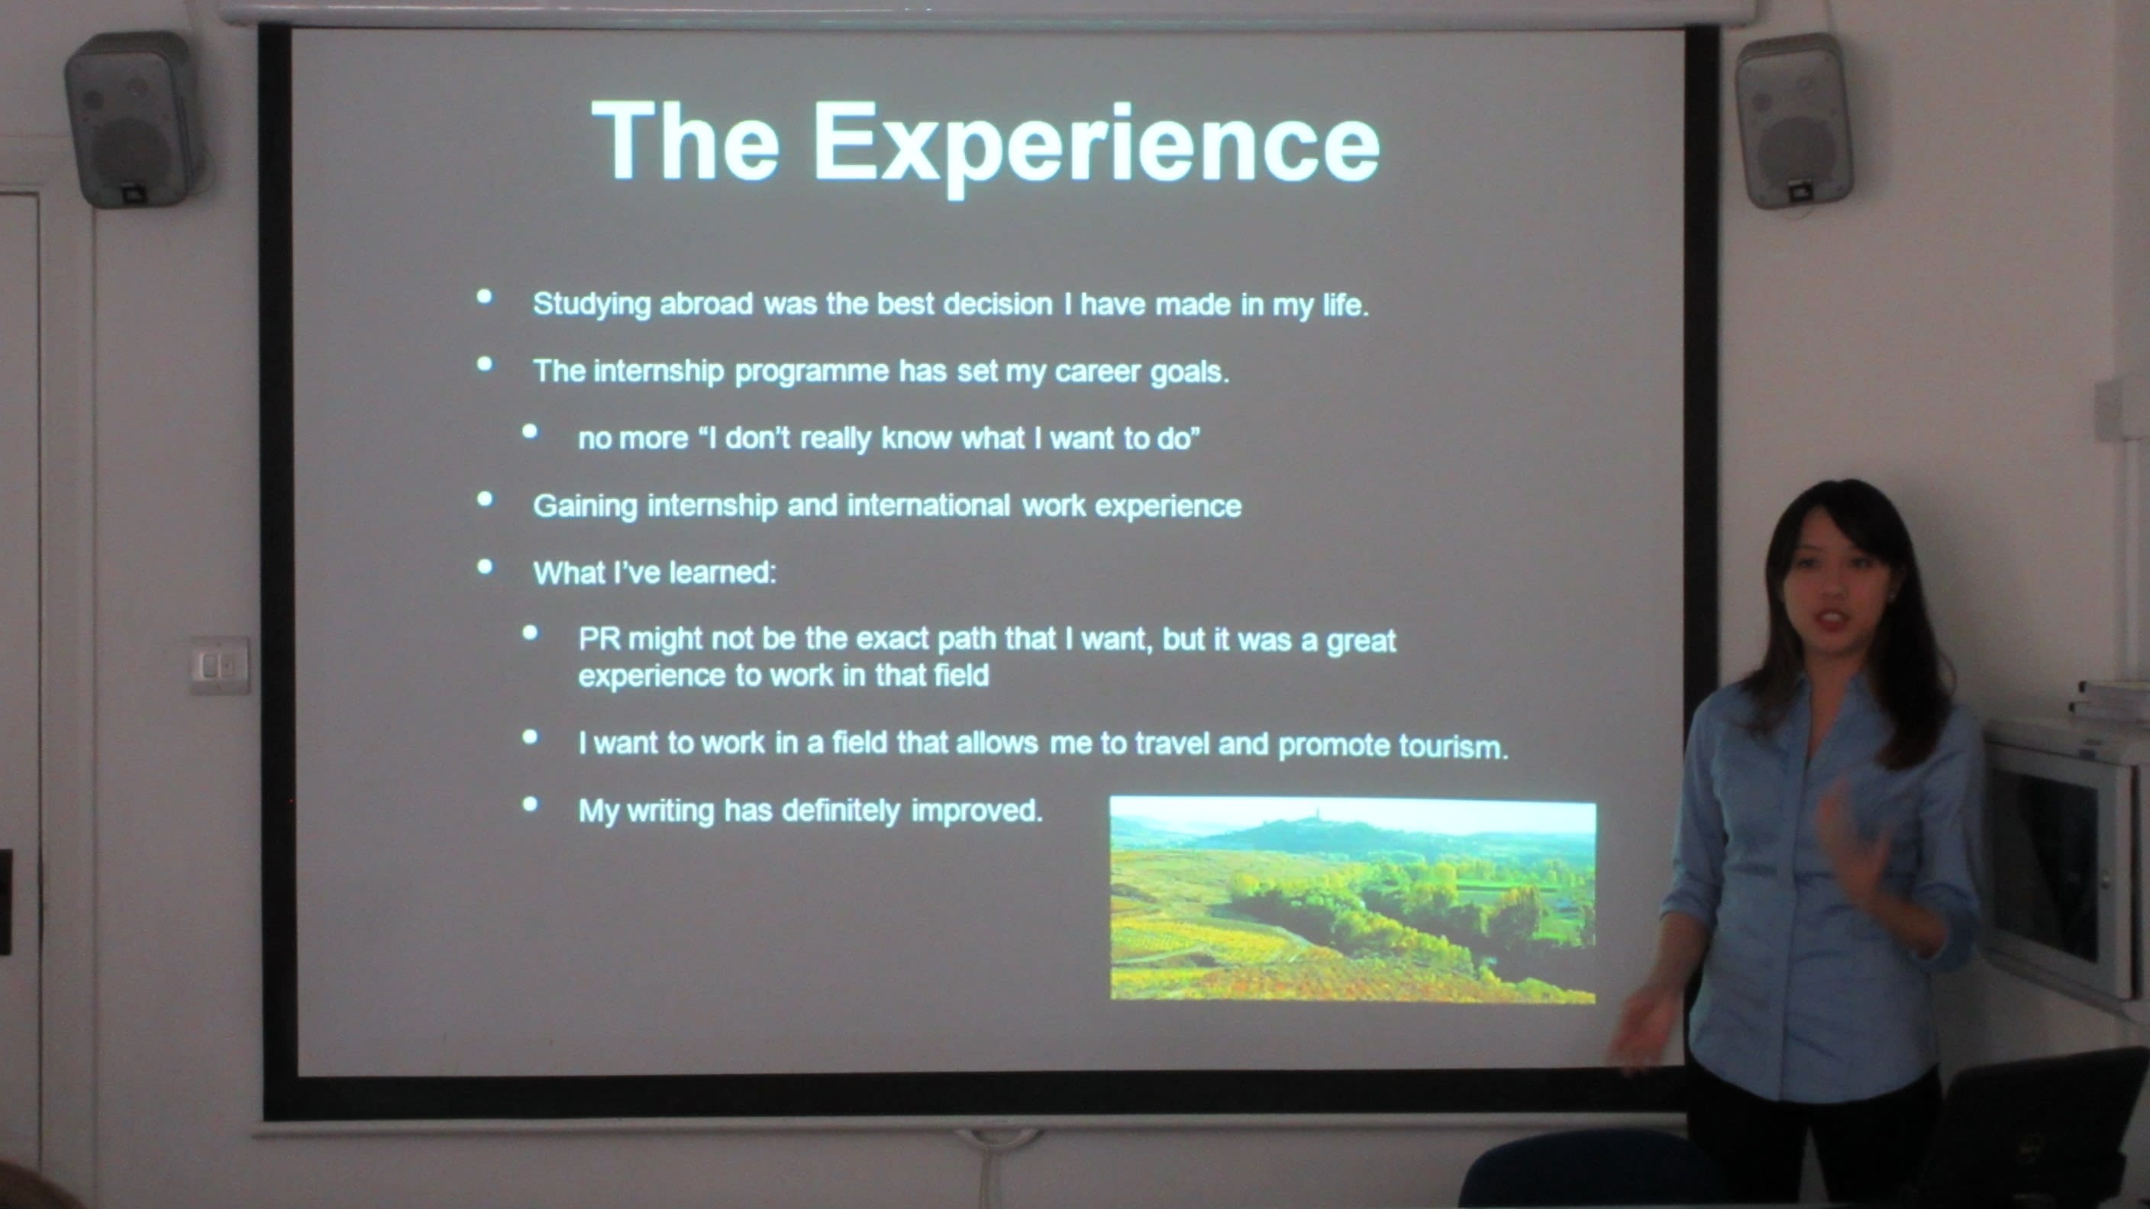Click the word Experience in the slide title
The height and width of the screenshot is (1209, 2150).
(1096, 147)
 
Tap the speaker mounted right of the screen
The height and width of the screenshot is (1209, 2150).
(1793, 122)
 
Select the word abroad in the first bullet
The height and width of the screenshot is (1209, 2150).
(706, 304)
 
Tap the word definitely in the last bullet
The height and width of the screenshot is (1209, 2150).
(841, 810)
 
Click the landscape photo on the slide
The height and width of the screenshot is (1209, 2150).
(1353, 899)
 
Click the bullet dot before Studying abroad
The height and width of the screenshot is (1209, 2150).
(484, 297)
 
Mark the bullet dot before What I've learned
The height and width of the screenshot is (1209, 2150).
(484, 566)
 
